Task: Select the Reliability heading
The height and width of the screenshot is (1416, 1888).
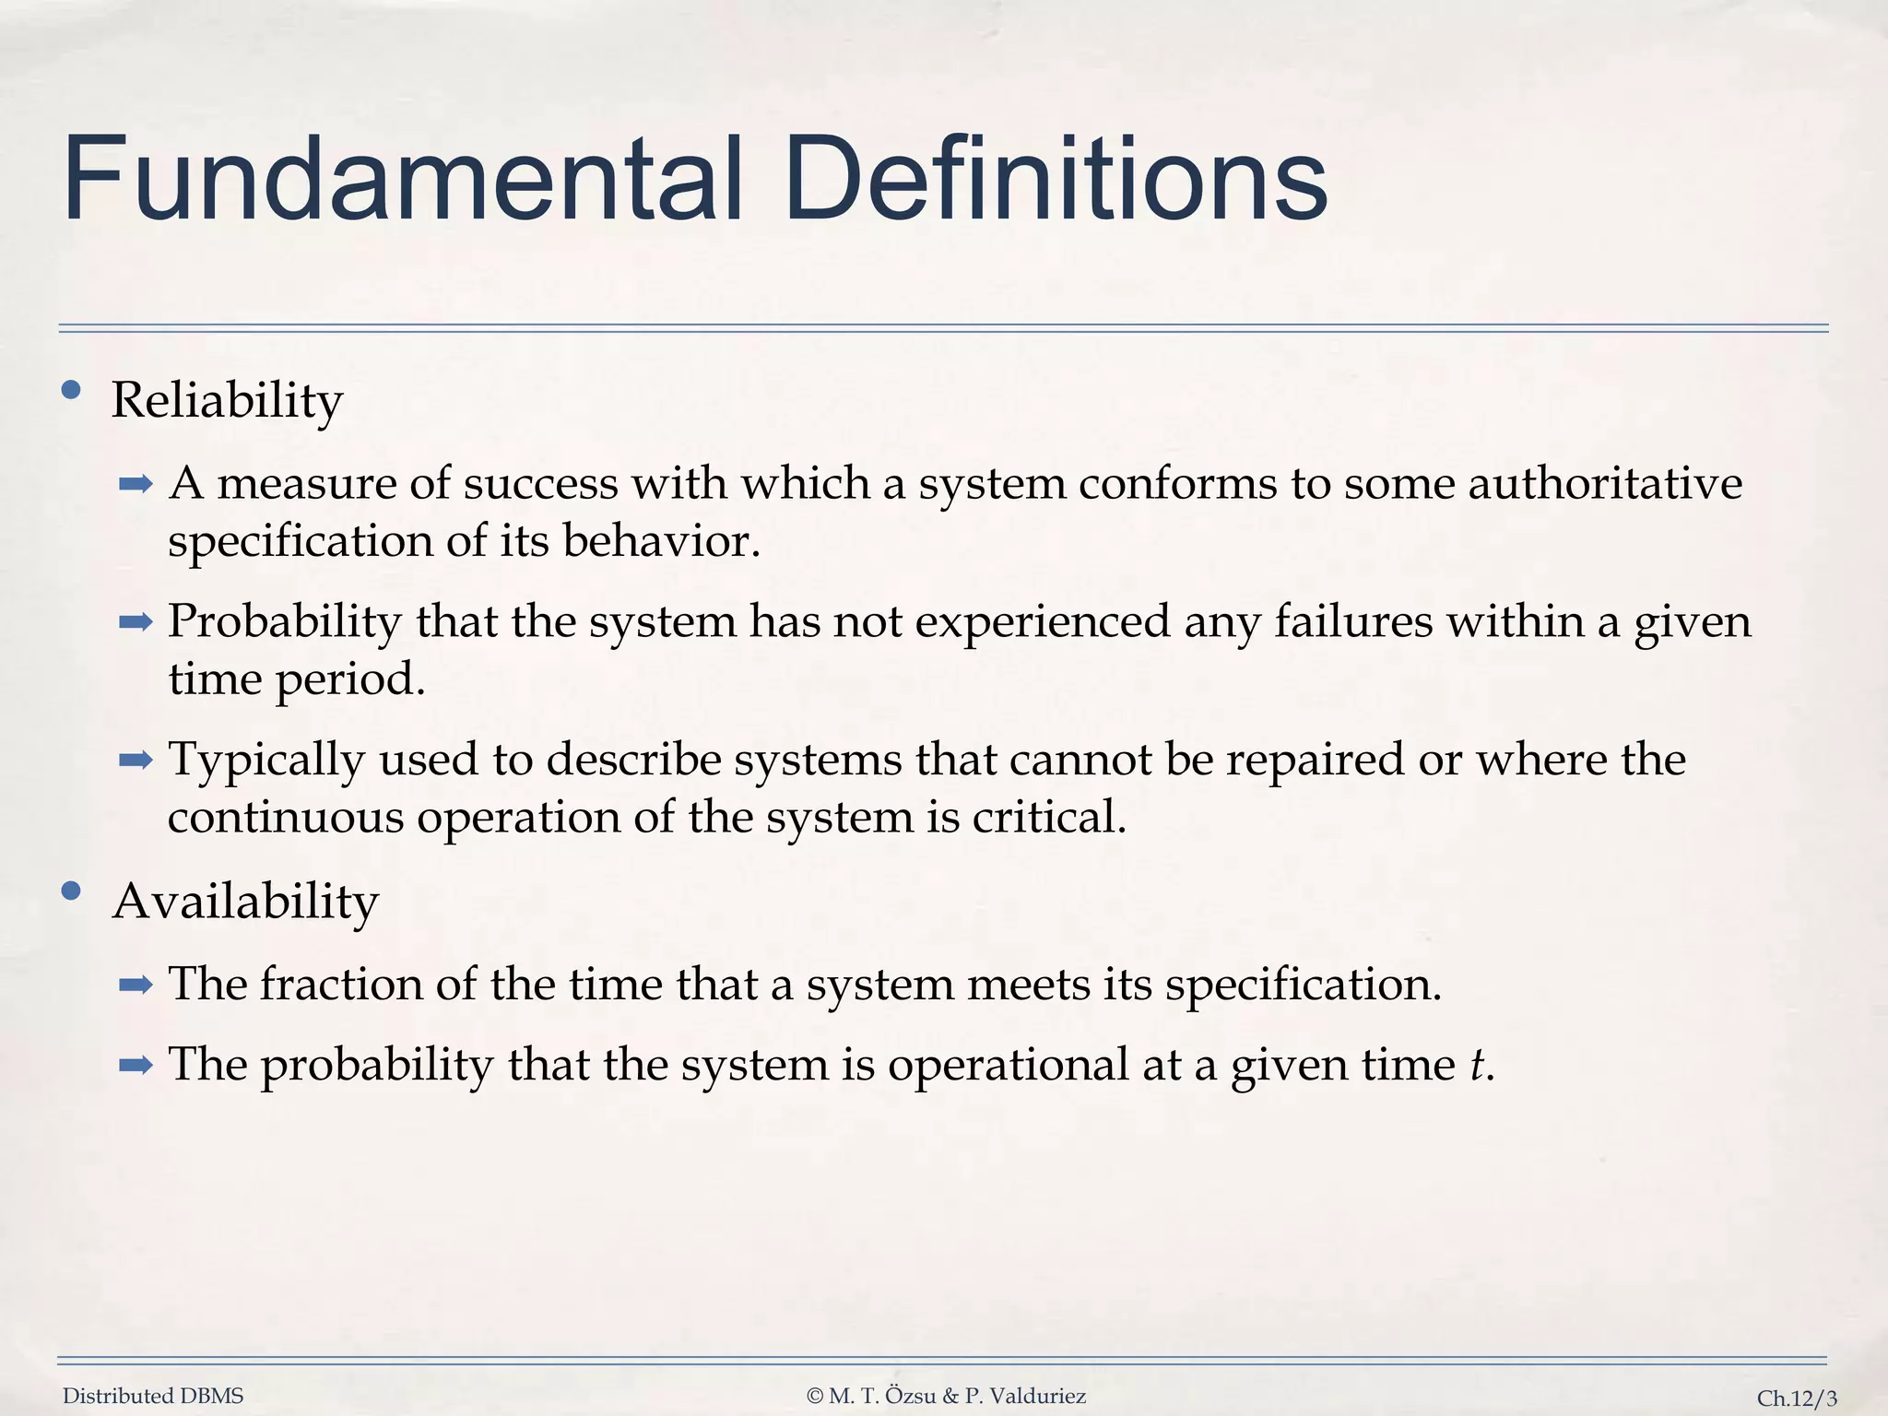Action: click(227, 401)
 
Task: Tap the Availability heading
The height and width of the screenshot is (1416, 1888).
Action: click(245, 902)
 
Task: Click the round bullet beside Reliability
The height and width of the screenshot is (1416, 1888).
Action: click(71, 391)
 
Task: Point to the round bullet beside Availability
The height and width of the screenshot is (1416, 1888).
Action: click(71, 891)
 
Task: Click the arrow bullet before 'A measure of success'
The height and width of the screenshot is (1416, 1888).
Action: click(136, 485)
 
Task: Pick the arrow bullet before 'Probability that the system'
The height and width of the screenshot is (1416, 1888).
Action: click(136, 623)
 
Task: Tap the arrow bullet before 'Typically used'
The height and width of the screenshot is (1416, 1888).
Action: click(136, 761)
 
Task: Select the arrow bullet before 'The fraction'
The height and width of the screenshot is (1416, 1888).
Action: click(136, 985)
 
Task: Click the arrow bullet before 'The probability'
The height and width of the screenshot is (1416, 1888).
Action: click(136, 1067)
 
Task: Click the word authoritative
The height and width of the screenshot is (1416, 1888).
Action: click(1605, 484)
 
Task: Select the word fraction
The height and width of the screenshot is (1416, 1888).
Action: click(341, 984)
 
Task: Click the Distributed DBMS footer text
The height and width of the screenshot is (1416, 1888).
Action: click(153, 1397)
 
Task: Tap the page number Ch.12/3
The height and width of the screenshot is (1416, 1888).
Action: click(1797, 1398)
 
